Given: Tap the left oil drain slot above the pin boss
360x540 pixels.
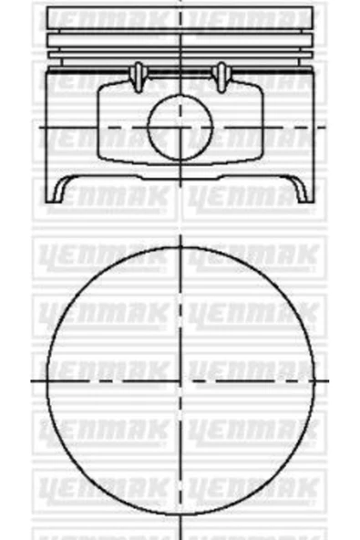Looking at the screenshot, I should click(139, 75).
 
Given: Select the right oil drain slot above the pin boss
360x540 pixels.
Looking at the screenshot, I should click(219, 75).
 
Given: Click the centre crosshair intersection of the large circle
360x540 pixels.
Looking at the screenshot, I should click(180, 377).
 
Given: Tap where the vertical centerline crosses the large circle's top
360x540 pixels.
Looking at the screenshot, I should click(180, 242).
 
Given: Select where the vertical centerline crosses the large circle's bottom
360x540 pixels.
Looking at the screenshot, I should click(180, 512).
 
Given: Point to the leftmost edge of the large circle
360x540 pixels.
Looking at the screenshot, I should click(46, 377).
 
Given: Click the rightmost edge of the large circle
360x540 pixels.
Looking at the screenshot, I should click(315, 377).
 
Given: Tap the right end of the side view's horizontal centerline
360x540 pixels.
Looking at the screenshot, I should click(325, 127).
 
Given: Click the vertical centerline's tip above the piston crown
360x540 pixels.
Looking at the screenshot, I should click(180, 2).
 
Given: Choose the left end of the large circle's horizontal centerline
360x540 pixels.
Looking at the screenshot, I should click(34, 377).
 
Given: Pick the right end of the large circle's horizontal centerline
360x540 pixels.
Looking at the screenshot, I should click(328, 377).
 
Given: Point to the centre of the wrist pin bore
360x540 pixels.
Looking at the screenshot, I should click(180, 127).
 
